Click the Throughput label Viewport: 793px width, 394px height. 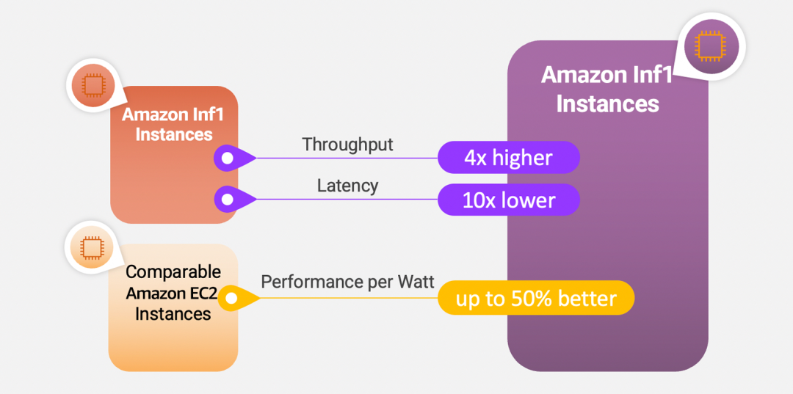point(347,145)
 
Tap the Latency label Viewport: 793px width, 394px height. point(347,186)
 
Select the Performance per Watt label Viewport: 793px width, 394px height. point(347,282)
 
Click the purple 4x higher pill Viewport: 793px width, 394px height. point(508,158)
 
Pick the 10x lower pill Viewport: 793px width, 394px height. point(508,200)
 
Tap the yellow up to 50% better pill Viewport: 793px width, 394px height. point(536,298)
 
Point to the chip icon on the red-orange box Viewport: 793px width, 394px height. point(93,85)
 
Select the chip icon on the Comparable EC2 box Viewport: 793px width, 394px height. point(92,248)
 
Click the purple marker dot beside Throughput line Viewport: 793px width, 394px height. point(228,158)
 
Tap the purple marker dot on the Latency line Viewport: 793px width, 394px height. point(228,199)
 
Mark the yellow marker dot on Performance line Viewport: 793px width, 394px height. point(231,298)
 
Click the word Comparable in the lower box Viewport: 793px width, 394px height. point(173,271)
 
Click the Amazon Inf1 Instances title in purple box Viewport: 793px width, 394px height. point(607,89)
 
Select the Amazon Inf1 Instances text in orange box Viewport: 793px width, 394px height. point(174,125)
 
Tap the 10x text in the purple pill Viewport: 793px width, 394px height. point(479,200)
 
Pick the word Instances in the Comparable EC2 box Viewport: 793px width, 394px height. point(173,314)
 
